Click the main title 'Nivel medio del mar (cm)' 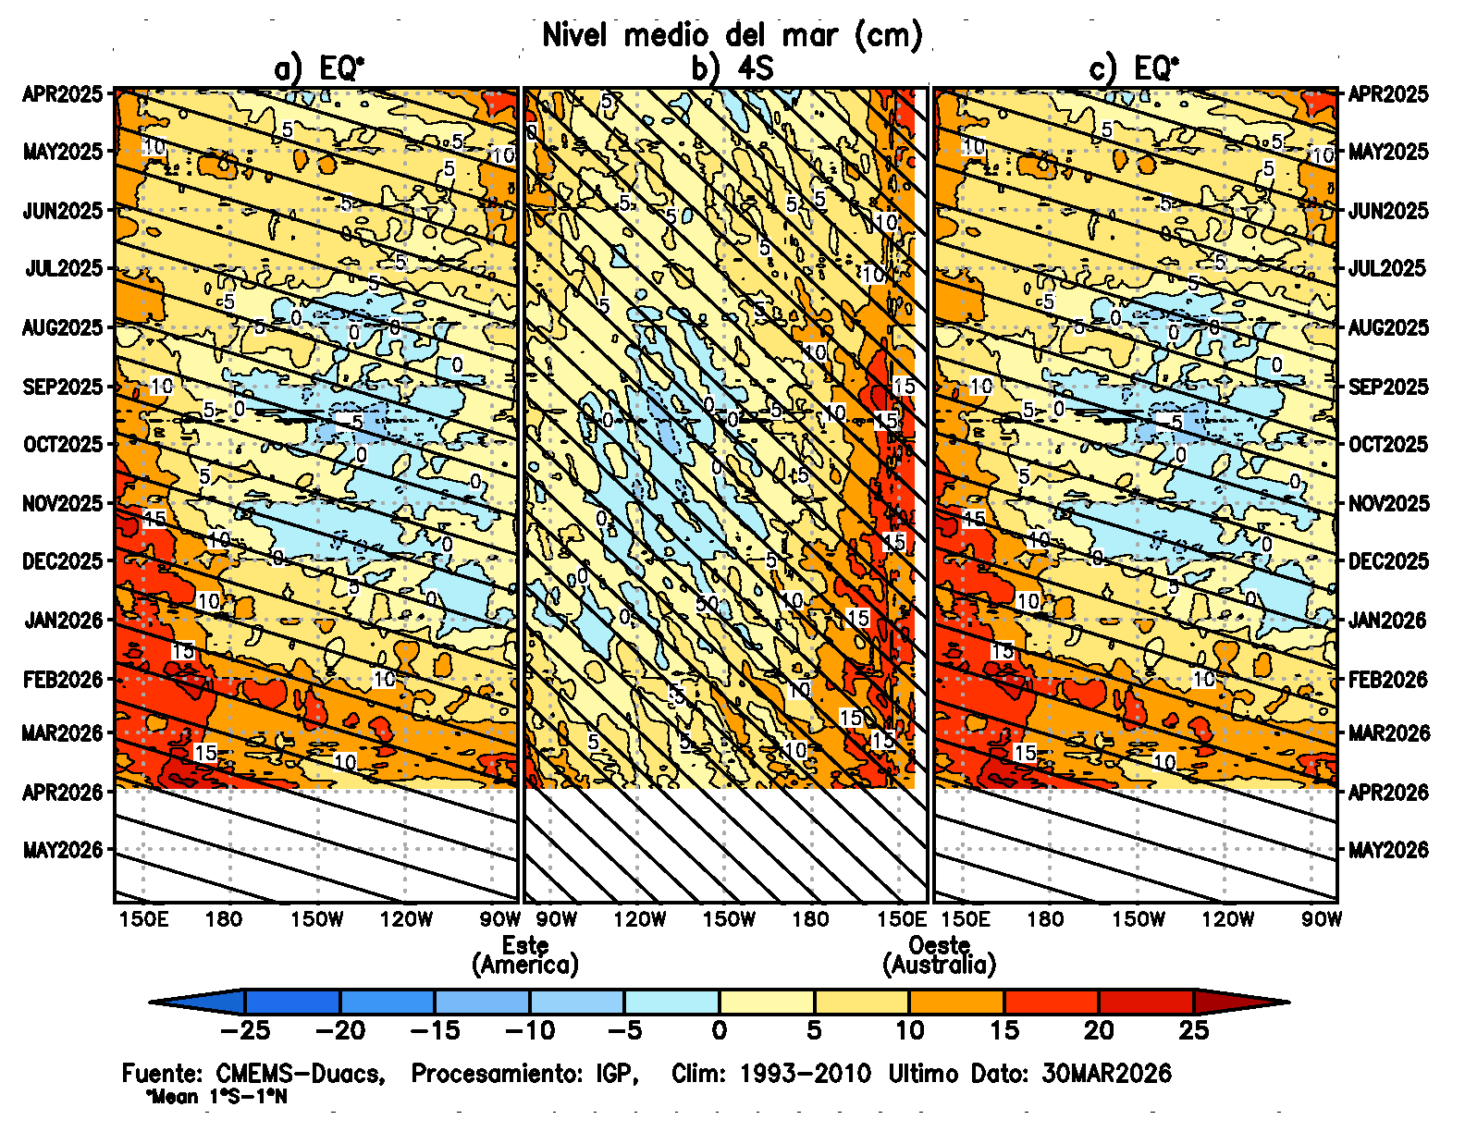pyautogui.click(x=732, y=35)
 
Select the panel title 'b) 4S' pyautogui.click(x=732, y=68)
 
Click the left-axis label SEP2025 pyautogui.click(x=63, y=387)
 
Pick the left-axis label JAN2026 pyautogui.click(x=63, y=620)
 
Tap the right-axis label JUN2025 pyautogui.click(x=1388, y=211)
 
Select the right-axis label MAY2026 pyautogui.click(x=1388, y=850)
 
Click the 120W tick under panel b pyautogui.click(x=640, y=919)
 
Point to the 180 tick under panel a pyautogui.click(x=224, y=919)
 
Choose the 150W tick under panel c pyautogui.click(x=1139, y=919)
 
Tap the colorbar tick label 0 pyautogui.click(x=720, y=1030)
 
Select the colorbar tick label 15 pyautogui.click(x=1004, y=1030)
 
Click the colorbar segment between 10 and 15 pyautogui.click(x=956, y=1002)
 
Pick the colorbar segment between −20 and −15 pyautogui.click(x=388, y=1002)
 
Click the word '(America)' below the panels pyautogui.click(x=525, y=966)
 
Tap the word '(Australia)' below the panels pyautogui.click(x=940, y=966)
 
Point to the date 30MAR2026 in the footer pyautogui.click(x=1107, y=1074)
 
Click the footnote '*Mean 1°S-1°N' pyautogui.click(x=216, y=1098)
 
